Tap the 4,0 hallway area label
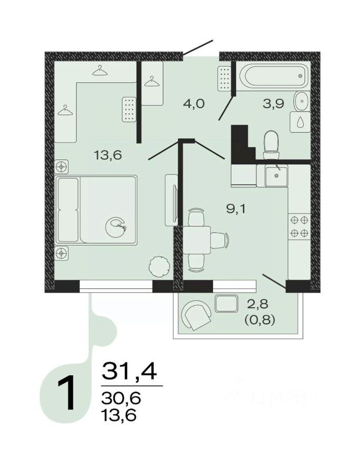pos(193,103)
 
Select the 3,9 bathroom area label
pos(273,103)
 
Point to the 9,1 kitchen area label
pos(236,208)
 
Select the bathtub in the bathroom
pos(272,76)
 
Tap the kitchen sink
pos(275,175)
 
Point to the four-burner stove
pos(299,226)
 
